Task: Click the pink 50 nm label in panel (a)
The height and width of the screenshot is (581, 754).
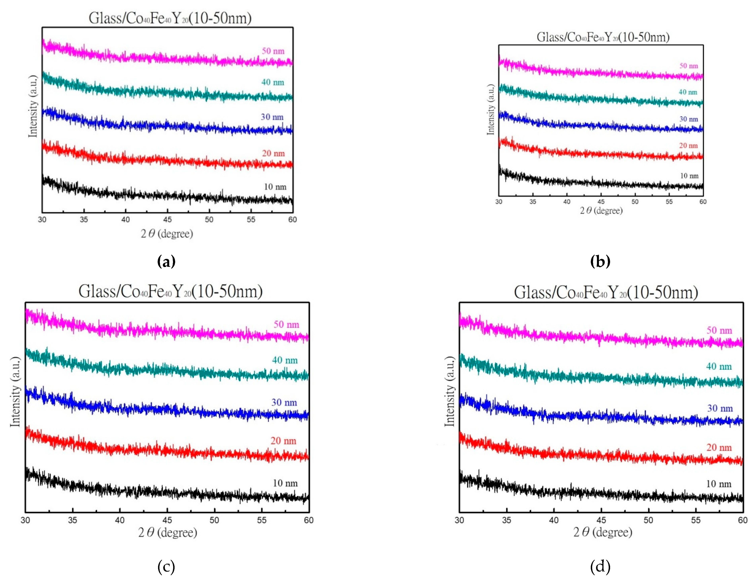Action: pos(273,51)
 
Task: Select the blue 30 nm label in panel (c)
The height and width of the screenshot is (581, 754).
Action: pos(284,402)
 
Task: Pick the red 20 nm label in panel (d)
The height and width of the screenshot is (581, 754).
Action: pos(719,447)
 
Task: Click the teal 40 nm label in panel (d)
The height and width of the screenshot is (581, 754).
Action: pos(719,366)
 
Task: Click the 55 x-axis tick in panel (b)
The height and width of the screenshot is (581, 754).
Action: pos(669,202)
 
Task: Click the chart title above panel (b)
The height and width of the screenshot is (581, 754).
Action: pos(603,37)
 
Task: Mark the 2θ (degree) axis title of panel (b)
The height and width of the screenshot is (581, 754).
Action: pos(601,211)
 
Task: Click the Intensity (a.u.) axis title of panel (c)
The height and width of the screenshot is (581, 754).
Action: pos(15,392)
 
